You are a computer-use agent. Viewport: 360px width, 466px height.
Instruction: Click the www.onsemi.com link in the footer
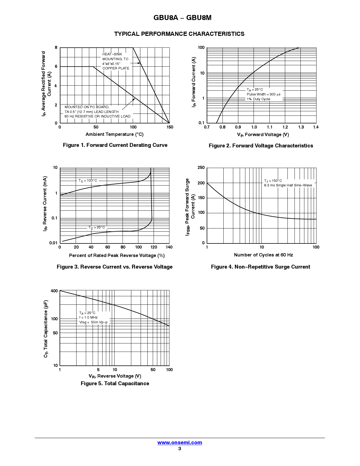pos(180,443)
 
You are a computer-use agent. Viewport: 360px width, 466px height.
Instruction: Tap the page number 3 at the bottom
pos(180,448)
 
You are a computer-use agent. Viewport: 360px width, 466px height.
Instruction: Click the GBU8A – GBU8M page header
pos(182,18)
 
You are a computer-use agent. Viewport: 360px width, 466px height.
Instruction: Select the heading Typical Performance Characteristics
pos(179,34)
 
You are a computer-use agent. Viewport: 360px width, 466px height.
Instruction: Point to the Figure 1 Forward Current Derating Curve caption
pos(115,145)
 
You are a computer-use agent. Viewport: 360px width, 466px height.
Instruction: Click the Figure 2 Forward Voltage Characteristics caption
pos(261,146)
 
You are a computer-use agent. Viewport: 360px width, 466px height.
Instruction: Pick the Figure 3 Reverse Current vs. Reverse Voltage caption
pos(115,267)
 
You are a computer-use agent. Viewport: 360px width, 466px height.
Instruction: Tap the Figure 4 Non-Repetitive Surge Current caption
pos(261,267)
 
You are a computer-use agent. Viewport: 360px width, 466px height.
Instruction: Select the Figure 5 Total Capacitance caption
pos(115,384)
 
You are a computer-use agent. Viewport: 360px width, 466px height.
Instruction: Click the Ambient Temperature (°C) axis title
pos(115,134)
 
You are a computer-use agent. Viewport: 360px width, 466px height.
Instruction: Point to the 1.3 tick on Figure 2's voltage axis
pos(301,127)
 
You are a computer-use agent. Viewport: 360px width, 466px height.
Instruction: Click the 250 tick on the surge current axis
pos(201,168)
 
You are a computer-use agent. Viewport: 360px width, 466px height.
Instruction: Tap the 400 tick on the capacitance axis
pos(54,291)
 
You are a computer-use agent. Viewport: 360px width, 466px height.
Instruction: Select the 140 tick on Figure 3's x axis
pos(169,247)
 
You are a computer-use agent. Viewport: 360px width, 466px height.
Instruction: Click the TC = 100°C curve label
pos(88,180)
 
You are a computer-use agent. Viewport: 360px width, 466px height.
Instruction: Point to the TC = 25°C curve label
pos(97,227)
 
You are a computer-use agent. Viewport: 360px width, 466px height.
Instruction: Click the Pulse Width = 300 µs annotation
pos(263,94)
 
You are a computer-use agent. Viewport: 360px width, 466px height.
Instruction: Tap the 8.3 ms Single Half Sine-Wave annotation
pos(288,185)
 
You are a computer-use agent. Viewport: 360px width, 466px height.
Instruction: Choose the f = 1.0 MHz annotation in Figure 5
pos(88,317)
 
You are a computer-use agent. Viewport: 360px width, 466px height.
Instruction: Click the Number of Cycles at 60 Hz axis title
pos(263,255)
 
